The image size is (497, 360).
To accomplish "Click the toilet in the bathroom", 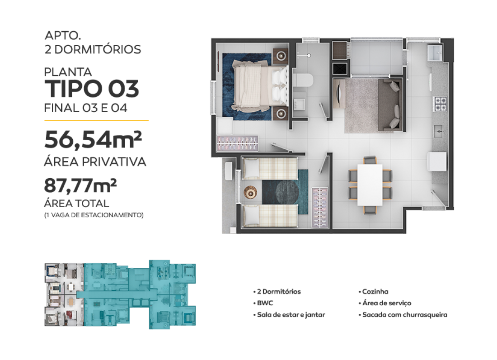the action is click(303, 80).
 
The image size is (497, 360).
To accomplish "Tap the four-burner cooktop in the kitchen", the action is click(440, 104).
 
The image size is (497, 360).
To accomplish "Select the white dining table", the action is click(370, 185).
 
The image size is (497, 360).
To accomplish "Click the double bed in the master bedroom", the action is click(260, 86).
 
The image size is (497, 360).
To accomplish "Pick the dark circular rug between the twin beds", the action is click(287, 193).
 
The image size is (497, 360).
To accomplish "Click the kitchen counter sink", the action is click(438, 131).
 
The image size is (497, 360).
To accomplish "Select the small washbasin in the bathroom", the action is click(299, 104).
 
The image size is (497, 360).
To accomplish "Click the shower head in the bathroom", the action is click(309, 56).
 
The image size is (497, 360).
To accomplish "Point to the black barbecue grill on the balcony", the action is click(340, 69).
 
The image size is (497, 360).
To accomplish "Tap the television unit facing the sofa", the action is click(338, 94).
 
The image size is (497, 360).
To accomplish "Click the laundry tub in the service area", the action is click(435, 53).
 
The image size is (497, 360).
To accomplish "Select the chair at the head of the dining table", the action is click(370, 160).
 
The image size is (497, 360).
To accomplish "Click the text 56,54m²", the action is click(93, 140).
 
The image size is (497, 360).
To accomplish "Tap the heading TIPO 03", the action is click(92, 89).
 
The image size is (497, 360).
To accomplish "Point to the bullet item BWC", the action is click(263, 303).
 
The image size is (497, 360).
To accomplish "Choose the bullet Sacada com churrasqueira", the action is click(403, 315).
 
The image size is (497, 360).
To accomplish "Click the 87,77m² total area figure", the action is click(80, 185).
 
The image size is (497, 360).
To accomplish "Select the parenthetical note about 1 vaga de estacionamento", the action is click(94, 215).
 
